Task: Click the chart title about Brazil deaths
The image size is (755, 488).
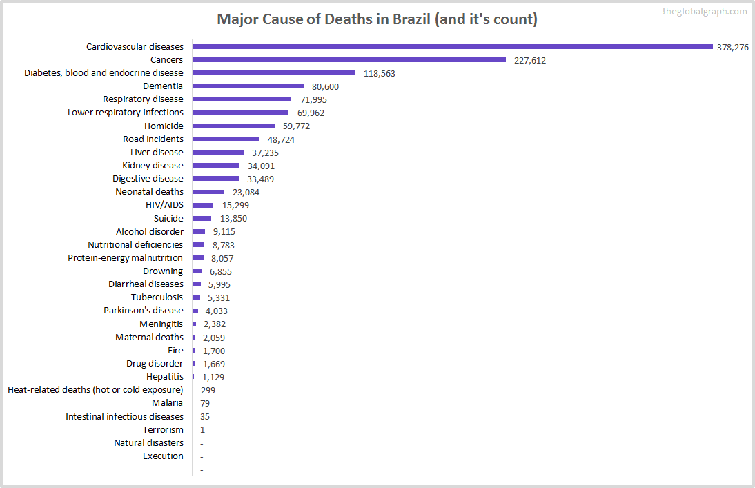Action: tap(377, 19)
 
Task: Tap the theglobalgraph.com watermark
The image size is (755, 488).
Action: tap(704, 11)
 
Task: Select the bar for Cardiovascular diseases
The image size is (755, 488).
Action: tap(452, 47)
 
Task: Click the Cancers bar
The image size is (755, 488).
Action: tap(349, 60)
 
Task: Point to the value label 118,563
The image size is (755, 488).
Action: tap(379, 73)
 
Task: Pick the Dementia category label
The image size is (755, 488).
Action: tap(163, 86)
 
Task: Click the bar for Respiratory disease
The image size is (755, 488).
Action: tap(242, 99)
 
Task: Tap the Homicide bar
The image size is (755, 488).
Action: tap(233, 126)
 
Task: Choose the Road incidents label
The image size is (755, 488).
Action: tap(153, 139)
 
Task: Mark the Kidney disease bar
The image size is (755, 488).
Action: tap(215, 166)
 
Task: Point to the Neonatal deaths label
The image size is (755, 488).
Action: tap(149, 191)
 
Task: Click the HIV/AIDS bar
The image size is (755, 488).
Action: tap(202, 205)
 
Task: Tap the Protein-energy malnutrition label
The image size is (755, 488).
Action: tap(125, 257)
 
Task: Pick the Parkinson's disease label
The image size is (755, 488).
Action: tap(144, 311)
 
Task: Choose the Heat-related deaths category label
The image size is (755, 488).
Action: tap(95, 390)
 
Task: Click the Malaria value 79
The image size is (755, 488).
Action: tap(205, 403)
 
